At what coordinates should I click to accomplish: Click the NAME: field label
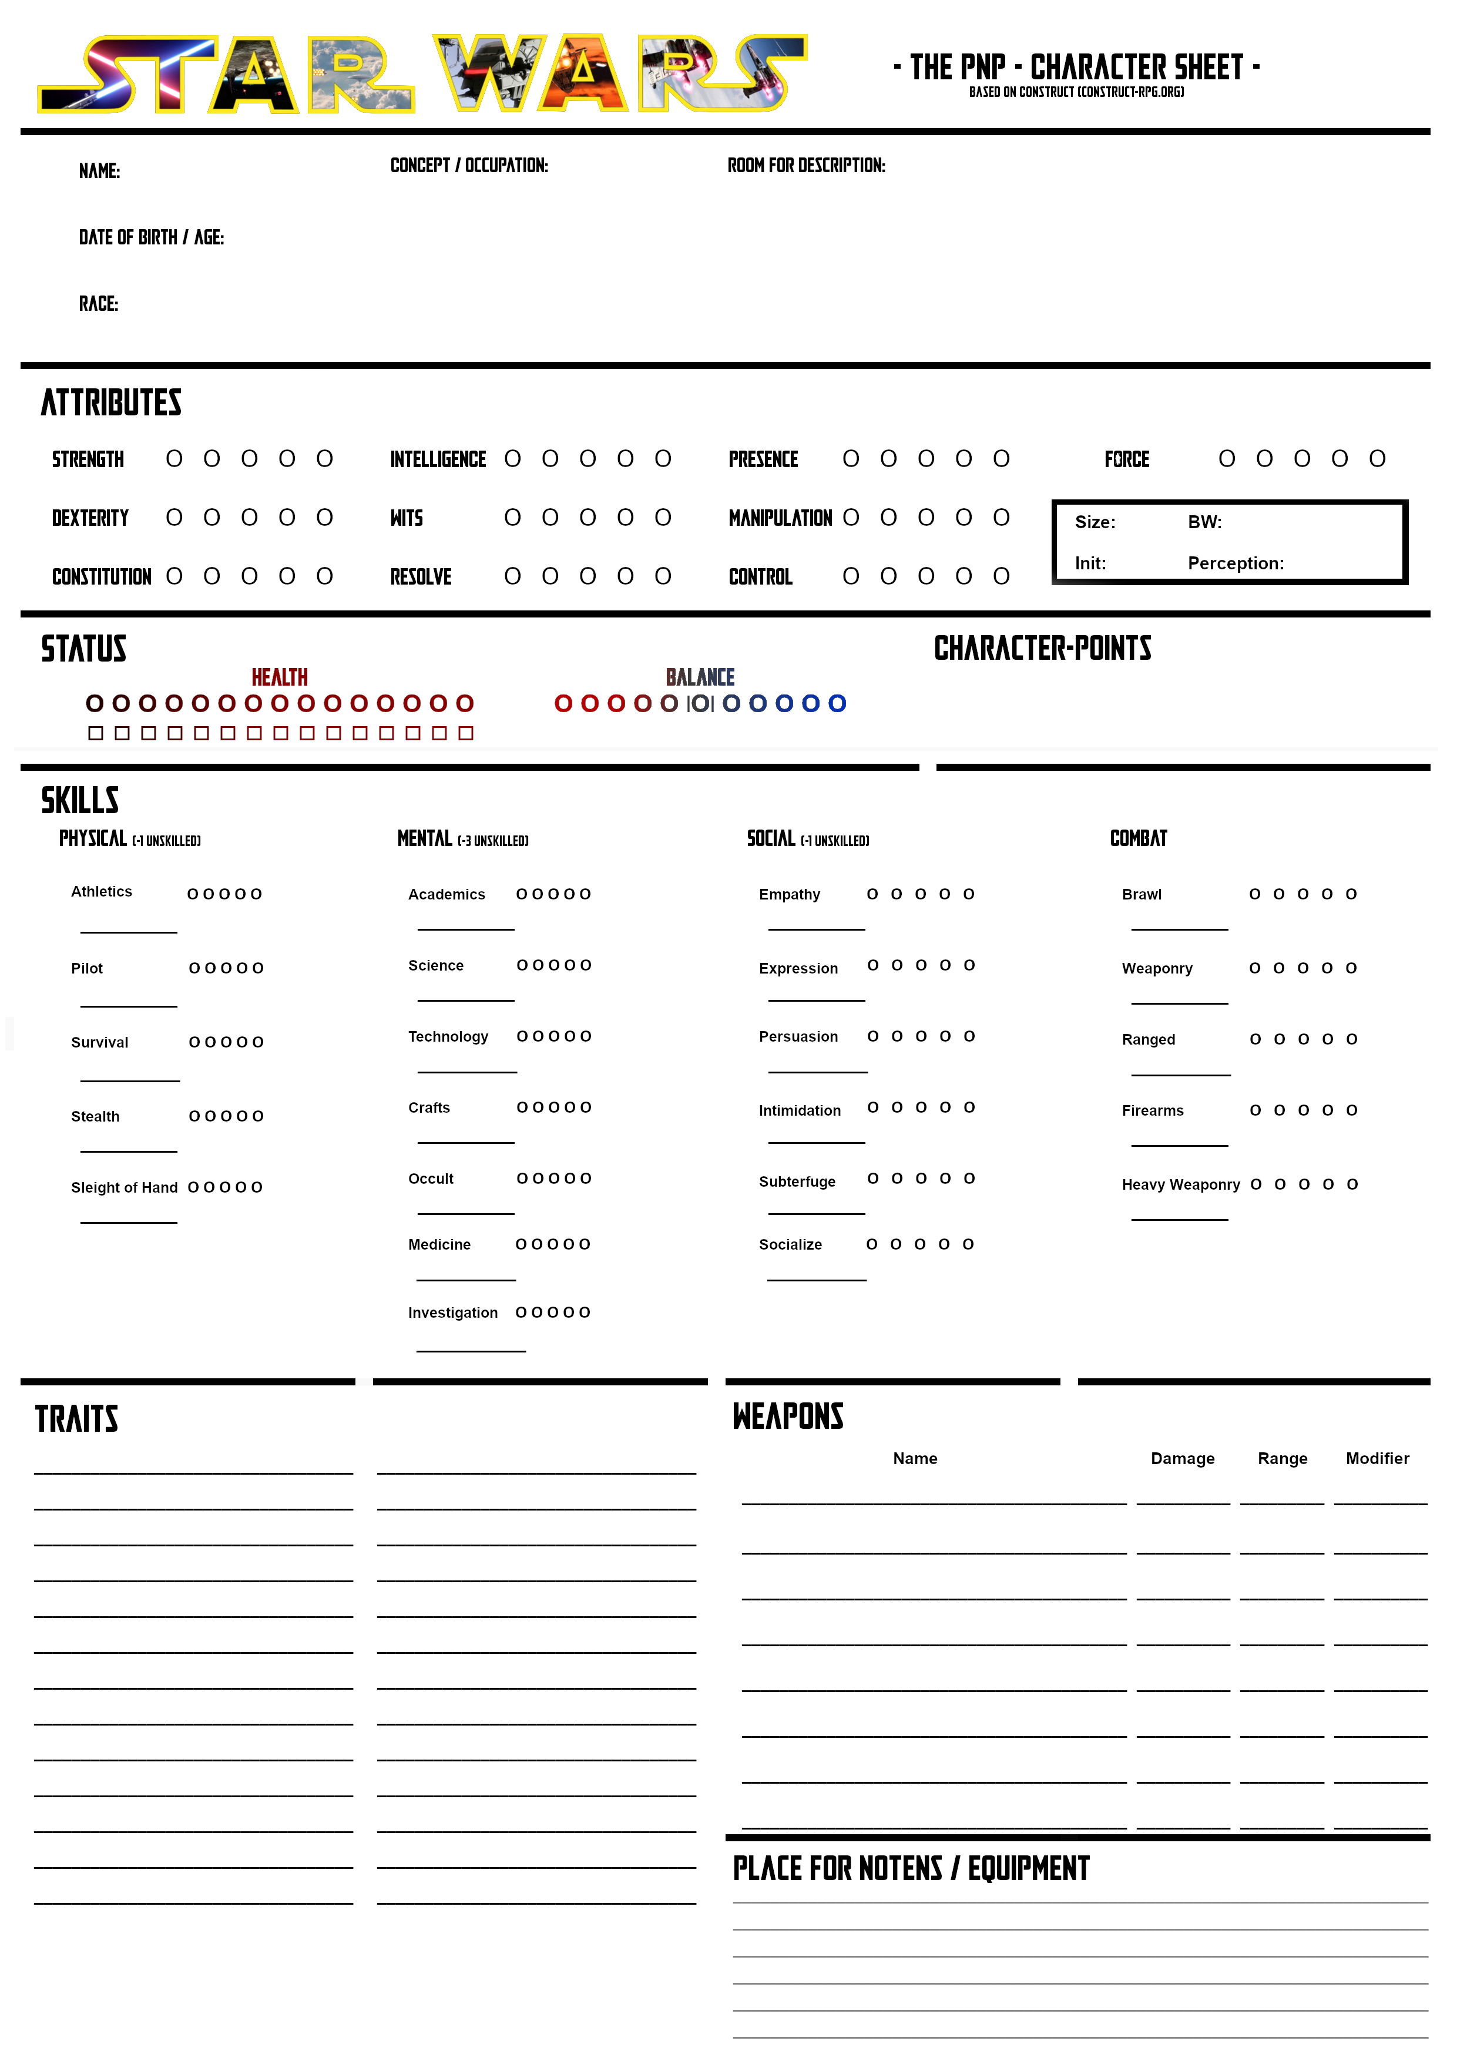tap(99, 170)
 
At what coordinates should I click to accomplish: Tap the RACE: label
tap(98, 303)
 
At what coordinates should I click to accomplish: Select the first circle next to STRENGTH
tap(174, 459)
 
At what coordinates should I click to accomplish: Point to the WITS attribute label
tap(406, 518)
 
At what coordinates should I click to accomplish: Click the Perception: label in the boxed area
tap(1236, 563)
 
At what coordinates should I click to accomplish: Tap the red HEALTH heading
tap(279, 677)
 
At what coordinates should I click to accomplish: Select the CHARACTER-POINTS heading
tap(1042, 648)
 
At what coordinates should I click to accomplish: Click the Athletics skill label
tap(102, 891)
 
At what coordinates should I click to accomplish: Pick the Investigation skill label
tap(452, 1313)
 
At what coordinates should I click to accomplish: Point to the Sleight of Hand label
tap(124, 1187)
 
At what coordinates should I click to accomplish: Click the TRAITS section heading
tap(76, 1419)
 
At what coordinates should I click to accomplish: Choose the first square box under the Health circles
tap(96, 733)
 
